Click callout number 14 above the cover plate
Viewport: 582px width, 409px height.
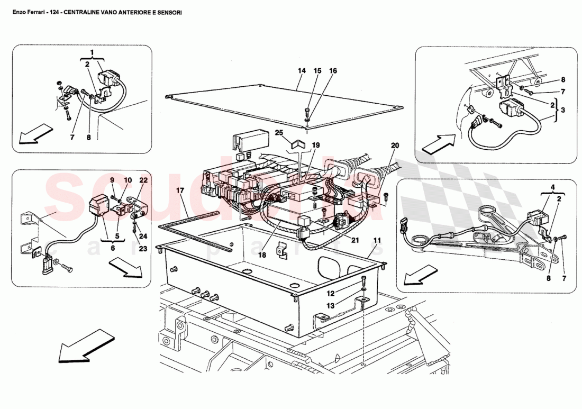pyautogui.click(x=302, y=71)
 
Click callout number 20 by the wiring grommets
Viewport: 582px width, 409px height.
pyautogui.click(x=395, y=145)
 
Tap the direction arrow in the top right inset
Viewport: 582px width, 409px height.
pyautogui.click(x=438, y=143)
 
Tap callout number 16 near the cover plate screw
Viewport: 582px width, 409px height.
pyautogui.click(x=333, y=71)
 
